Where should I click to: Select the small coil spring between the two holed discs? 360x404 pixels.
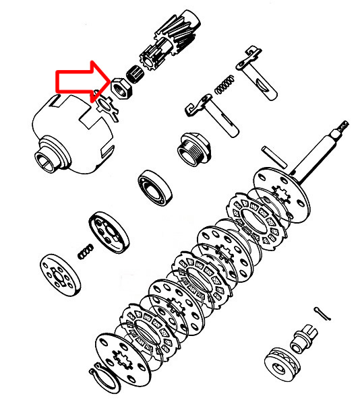84,251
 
